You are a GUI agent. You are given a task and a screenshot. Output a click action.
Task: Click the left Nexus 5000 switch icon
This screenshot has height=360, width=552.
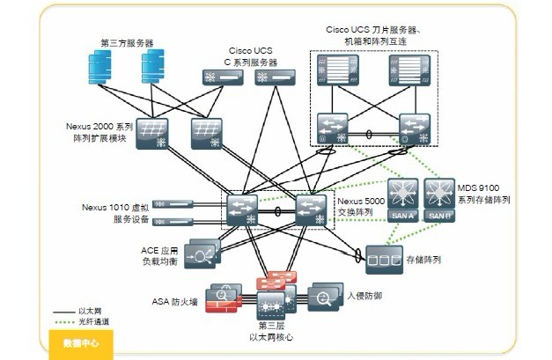[x=240, y=209]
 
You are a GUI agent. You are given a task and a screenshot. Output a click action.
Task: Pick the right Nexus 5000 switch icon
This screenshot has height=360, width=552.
[x=311, y=209]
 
